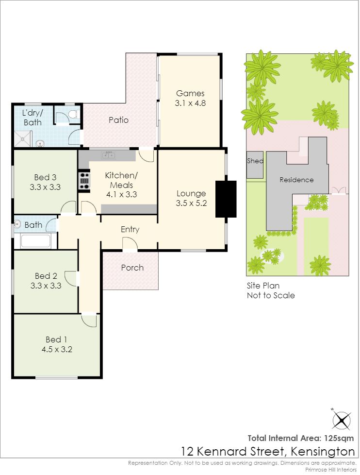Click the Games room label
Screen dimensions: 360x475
click(190, 93)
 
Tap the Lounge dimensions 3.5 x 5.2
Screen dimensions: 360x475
click(191, 204)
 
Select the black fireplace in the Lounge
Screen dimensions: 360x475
click(226, 199)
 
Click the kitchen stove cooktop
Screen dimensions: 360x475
click(84, 181)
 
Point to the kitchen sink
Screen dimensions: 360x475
click(108, 155)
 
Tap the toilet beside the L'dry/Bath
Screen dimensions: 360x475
click(73, 115)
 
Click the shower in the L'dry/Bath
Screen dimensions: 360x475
click(23, 139)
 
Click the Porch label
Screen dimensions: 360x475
click(132, 268)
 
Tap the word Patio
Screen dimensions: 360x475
click(118, 120)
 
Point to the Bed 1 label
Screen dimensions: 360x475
click(56, 339)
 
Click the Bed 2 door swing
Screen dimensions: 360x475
click(71, 278)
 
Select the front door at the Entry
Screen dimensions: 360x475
click(130, 243)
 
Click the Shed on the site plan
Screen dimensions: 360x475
click(255, 165)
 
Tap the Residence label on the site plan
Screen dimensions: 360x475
click(296, 180)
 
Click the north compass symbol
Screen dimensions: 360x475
click(341, 420)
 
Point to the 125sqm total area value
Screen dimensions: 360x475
click(339, 438)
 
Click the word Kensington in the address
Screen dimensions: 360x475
click(323, 451)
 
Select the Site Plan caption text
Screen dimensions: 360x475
click(271, 290)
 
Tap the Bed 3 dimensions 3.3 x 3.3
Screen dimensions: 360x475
click(45, 187)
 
